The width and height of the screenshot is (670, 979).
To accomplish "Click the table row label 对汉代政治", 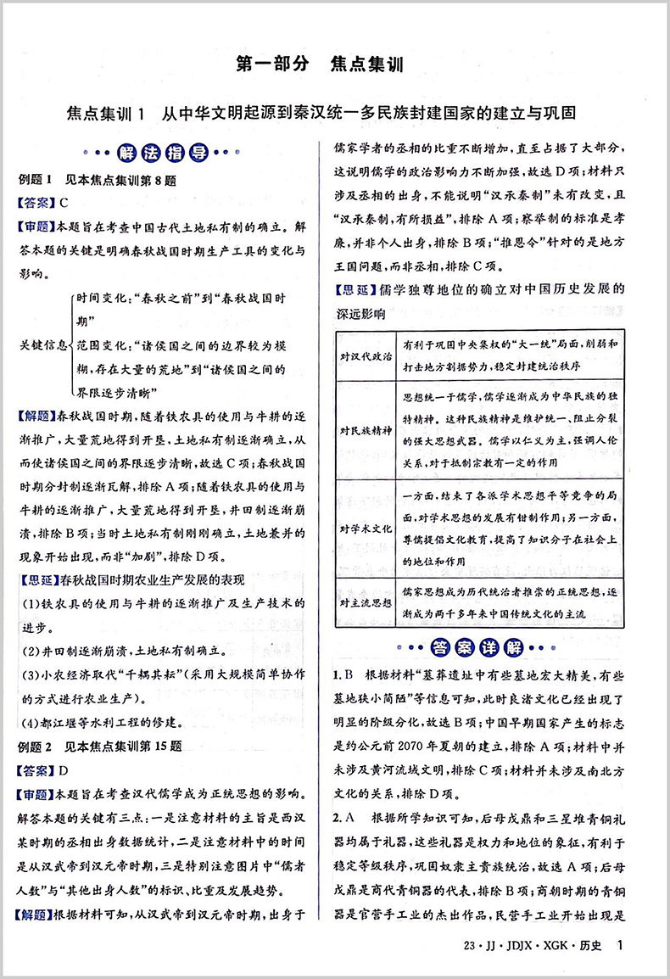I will (366, 355).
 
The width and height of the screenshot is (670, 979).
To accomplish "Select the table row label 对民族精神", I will (366, 430).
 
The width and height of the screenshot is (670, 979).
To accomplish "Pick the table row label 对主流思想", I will (366, 602).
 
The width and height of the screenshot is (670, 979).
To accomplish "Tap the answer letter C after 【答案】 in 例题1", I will (63, 203).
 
